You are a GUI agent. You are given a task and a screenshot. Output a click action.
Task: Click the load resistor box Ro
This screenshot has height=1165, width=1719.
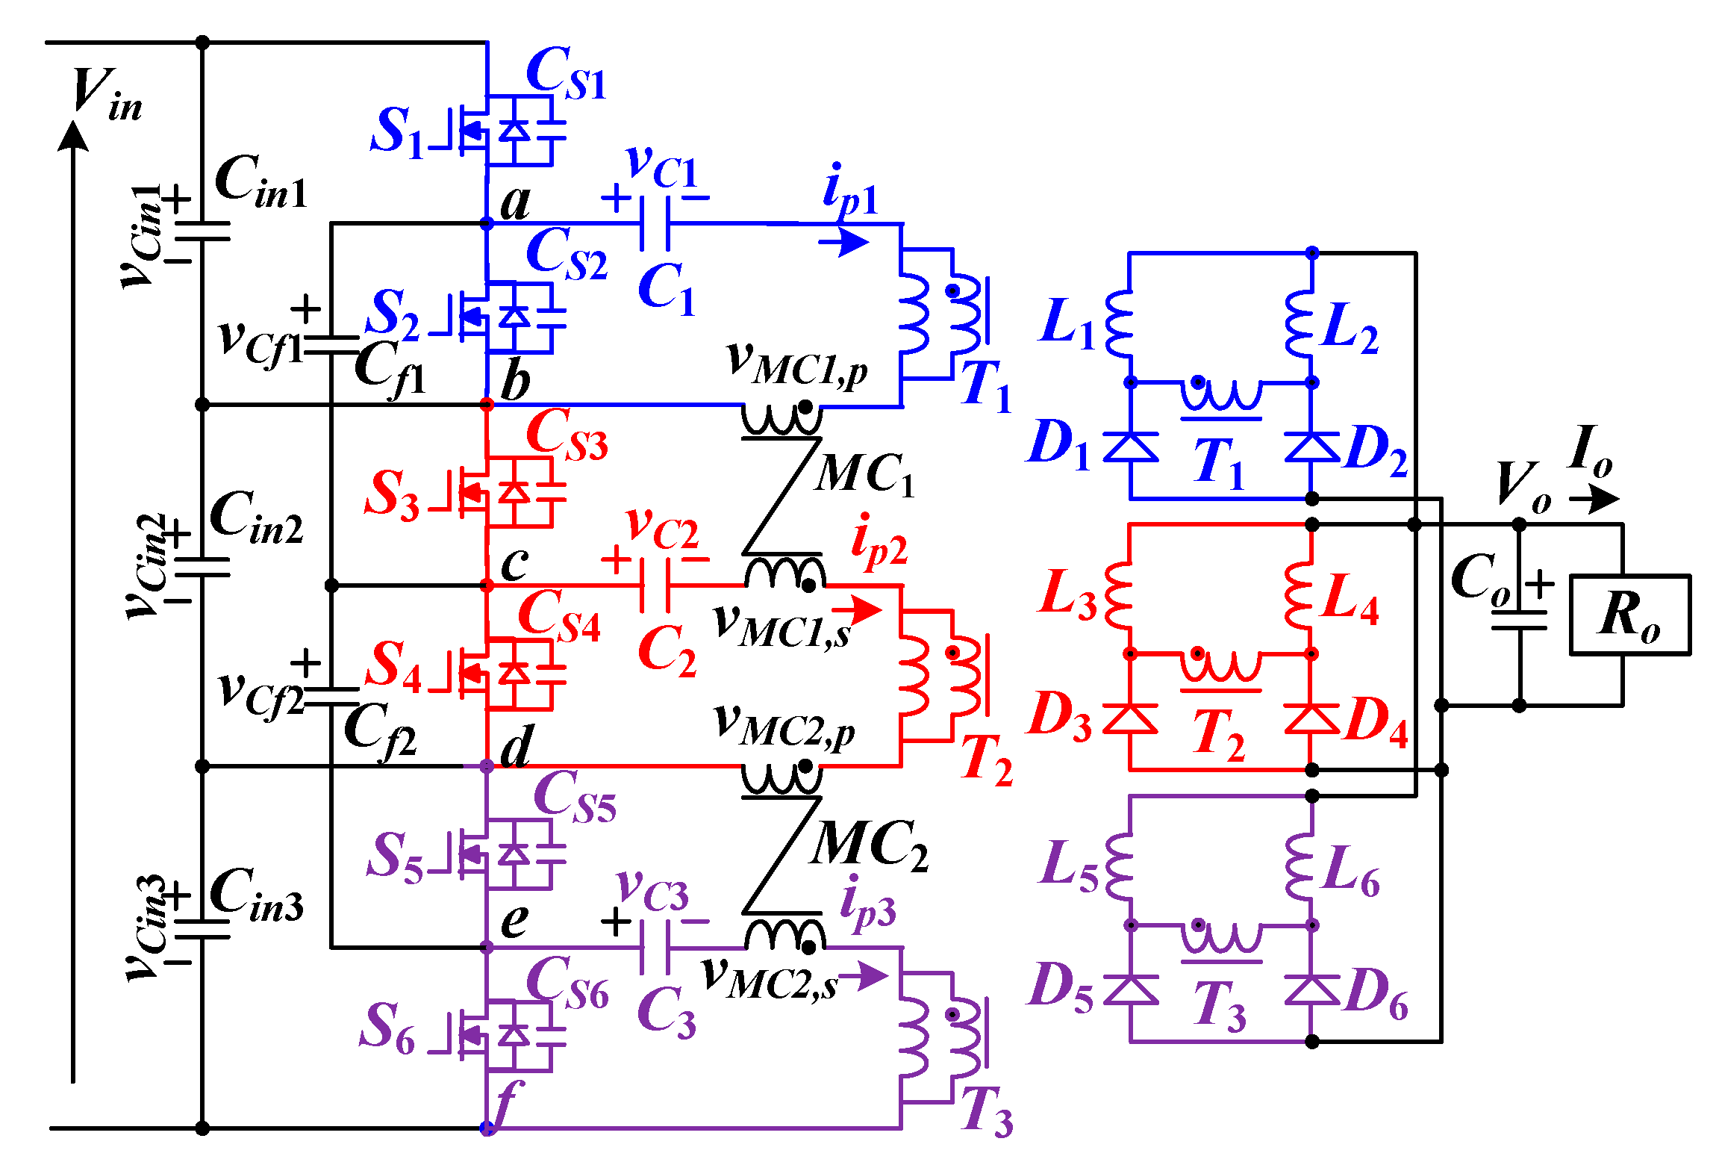tap(1630, 615)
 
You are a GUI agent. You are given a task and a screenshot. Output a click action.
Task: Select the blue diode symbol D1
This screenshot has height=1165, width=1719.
tap(1130, 447)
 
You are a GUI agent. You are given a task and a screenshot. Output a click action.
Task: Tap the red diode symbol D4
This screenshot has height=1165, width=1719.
tap(1311, 718)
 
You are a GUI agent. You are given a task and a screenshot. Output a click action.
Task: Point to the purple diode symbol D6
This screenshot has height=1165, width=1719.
tap(1311, 990)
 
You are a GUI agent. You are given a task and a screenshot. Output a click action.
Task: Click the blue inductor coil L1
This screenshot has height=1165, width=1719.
tap(1120, 323)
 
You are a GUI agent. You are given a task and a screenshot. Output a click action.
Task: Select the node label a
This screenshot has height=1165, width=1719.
tap(515, 202)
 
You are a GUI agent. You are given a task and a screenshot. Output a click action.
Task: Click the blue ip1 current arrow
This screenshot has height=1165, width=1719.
tap(844, 241)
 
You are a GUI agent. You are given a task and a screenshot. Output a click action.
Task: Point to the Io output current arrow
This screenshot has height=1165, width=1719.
tap(1594, 498)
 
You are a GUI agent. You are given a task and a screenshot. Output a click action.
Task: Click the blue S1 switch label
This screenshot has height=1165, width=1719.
tap(396, 131)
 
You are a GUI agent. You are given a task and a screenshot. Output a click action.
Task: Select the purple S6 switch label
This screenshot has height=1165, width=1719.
tap(387, 1029)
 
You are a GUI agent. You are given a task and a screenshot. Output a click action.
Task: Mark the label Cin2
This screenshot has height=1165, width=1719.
tap(257, 518)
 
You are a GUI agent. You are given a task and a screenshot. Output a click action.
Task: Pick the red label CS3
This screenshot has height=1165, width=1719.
tap(567, 435)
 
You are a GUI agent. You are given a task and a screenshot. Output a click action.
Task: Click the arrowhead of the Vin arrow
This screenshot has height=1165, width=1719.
tap(73, 136)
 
